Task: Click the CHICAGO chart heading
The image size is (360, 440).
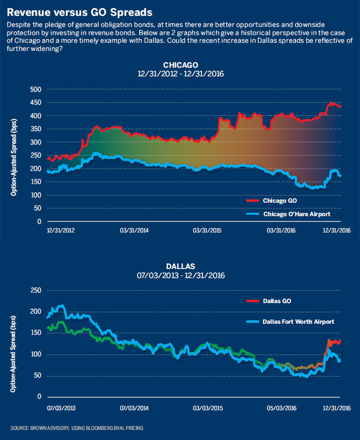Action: click(180, 65)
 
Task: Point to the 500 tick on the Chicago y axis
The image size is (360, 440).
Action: click(36, 90)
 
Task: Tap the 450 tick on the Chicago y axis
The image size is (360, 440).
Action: click(36, 103)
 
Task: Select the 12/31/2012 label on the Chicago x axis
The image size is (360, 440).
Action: click(60, 230)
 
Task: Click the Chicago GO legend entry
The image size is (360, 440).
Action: click(277, 200)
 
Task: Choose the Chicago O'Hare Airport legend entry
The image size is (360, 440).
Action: click(296, 213)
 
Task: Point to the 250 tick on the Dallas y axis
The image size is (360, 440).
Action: click(36, 290)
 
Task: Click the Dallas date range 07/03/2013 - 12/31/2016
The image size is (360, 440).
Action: click(180, 276)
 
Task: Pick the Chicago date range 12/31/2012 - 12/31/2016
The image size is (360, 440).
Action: click(180, 74)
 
